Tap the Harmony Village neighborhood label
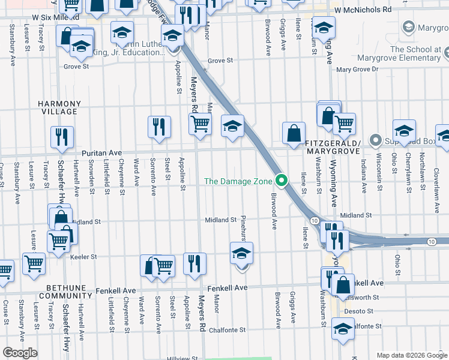(x=58, y=107)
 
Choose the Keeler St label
(x=85, y=257)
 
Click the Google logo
(x=20, y=353)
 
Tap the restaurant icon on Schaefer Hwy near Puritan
(x=62, y=137)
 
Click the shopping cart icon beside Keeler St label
(x=34, y=263)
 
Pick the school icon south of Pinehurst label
(x=241, y=253)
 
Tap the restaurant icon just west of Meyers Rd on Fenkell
(x=194, y=263)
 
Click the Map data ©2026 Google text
(x=411, y=355)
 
